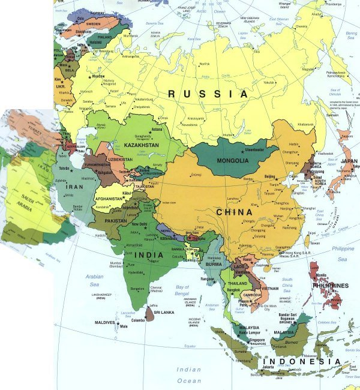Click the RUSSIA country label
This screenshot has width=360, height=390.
pos(208,94)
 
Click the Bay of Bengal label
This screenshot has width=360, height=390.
pos(182,291)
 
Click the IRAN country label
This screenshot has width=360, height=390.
pos(74,187)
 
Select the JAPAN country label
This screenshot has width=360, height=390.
pos(349,161)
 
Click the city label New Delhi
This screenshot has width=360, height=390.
pos(139,224)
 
